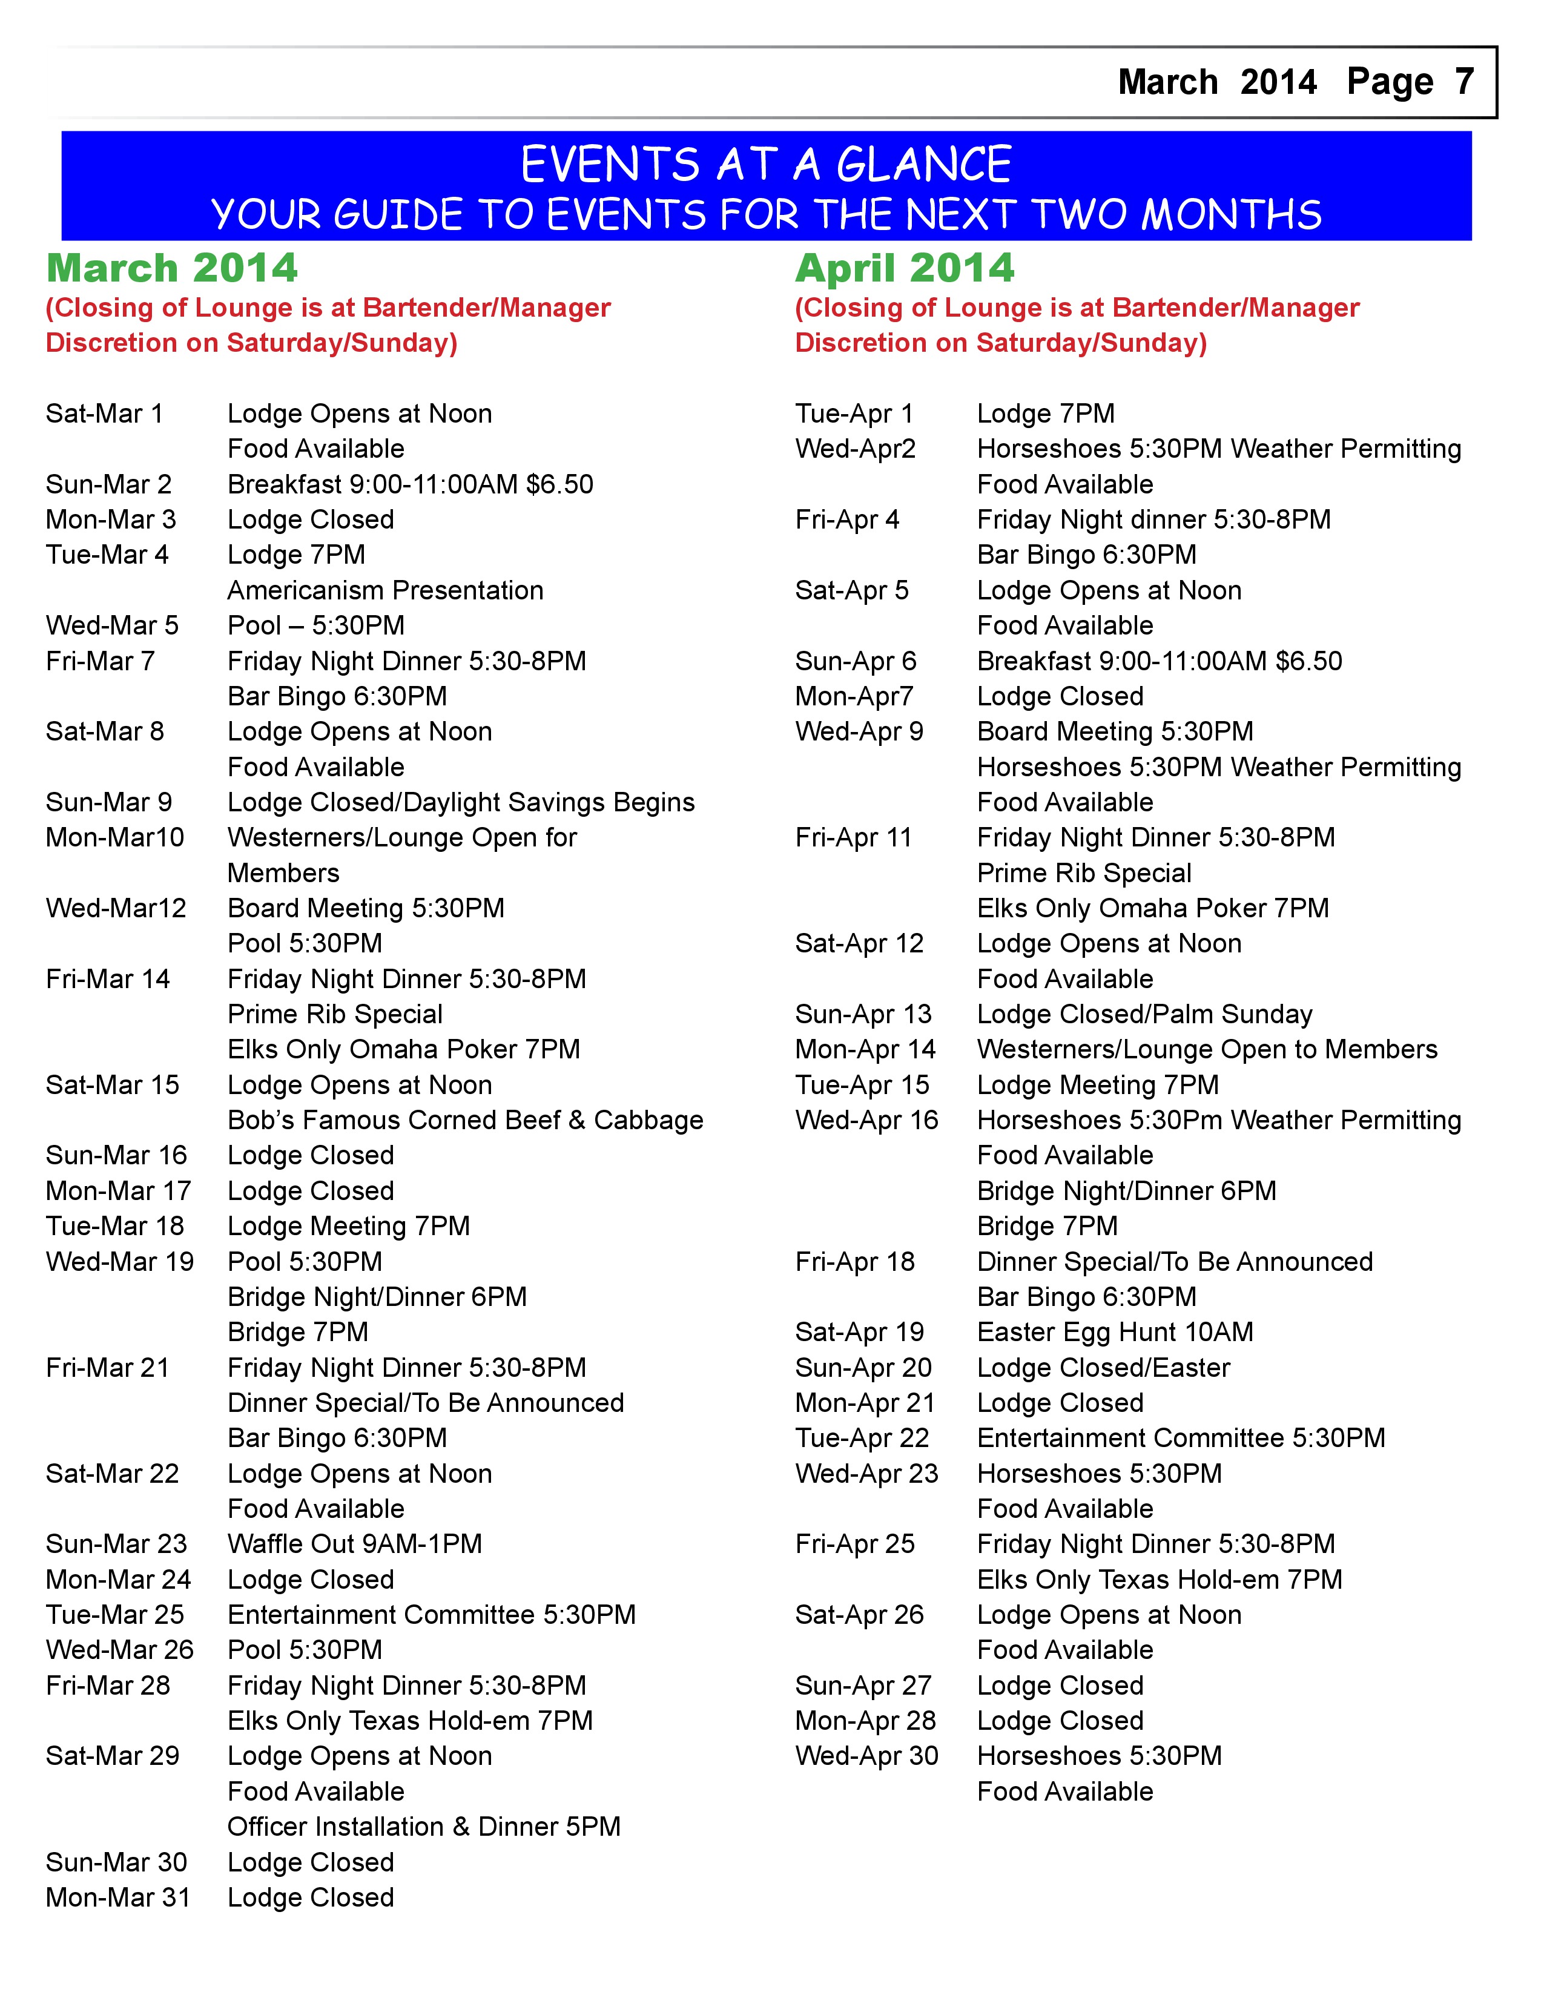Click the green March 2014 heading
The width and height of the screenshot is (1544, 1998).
[172, 268]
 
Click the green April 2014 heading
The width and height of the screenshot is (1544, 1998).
[905, 268]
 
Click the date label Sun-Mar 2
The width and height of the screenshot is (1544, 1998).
[109, 484]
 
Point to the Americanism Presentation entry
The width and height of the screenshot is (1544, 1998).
[385, 590]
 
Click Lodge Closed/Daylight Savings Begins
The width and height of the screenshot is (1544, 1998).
[461, 802]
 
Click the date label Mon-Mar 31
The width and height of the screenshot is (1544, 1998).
[118, 1897]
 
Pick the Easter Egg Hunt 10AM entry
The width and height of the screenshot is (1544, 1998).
[1115, 1332]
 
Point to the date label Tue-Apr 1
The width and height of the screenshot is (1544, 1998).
[854, 414]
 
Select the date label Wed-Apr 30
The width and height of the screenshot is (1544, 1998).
[867, 1756]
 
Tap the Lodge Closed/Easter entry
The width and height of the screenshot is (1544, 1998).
[1103, 1368]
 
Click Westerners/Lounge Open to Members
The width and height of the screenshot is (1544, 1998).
[1207, 1049]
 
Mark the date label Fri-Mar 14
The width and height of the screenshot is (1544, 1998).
[108, 979]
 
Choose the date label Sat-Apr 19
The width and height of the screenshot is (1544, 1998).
[860, 1332]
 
